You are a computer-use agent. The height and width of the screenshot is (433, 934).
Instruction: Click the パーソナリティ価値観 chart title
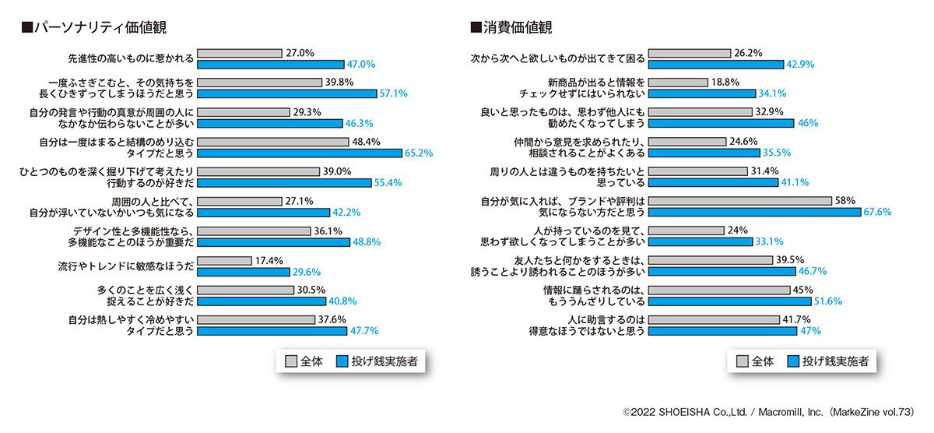click(x=93, y=27)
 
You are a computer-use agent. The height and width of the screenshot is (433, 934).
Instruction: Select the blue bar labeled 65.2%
click(x=299, y=153)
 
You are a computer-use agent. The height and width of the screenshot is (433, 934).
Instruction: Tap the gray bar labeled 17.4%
click(x=225, y=261)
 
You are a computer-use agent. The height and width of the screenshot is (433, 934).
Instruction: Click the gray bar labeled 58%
click(x=740, y=201)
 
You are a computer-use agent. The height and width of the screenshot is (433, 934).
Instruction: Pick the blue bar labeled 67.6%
click(x=754, y=212)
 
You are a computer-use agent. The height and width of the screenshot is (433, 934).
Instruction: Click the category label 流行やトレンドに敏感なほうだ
click(x=125, y=266)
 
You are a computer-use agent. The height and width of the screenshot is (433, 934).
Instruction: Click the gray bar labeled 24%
click(x=686, y=231)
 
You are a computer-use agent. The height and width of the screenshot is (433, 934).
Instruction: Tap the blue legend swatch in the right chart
click(x=793, y=361)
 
